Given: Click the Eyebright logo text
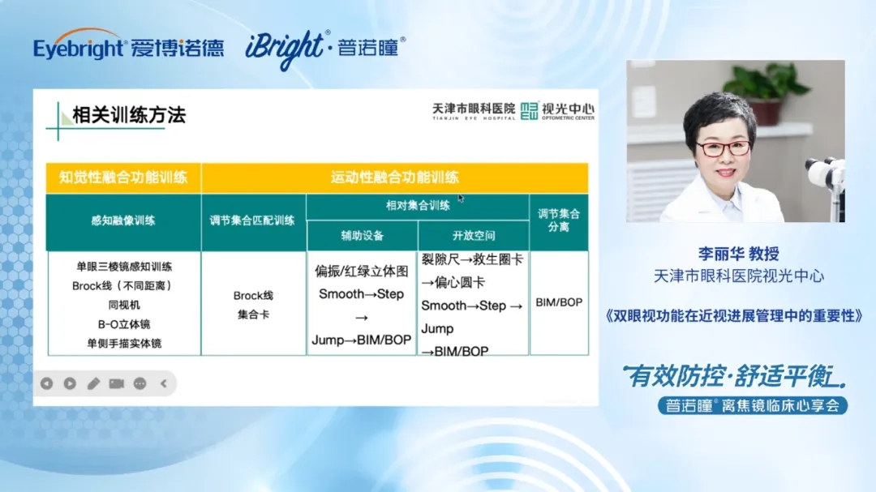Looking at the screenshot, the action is [x=78, y=47].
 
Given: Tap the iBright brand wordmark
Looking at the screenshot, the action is [x=285, y=49].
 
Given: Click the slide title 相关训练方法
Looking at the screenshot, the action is [x=129, y=115].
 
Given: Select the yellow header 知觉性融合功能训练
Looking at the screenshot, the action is [x=123, y=178].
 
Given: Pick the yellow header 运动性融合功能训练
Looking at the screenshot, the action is [x=394, y=178].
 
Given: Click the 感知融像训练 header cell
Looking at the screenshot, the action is [x=123, y=220].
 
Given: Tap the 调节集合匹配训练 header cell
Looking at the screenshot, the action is [x=252, y=220].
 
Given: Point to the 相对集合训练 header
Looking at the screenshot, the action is [x=418, y=206].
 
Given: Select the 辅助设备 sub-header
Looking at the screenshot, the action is [x=362, y=236].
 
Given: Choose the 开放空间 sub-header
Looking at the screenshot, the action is [x=474, y=236].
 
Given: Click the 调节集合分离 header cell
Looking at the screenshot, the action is [x=559, y=220].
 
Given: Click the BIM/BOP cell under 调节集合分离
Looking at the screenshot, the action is [x=559, y=302].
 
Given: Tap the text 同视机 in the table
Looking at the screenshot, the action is [x=124, y=305].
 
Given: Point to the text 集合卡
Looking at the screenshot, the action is [x=253, y=315].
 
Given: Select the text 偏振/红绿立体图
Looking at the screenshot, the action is [x=362, y=272].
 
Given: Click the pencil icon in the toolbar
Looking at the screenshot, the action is [x=93, y=383].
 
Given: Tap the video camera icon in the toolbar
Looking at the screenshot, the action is [x=116, y=383].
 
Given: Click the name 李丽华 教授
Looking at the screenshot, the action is [x=739, y=254].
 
